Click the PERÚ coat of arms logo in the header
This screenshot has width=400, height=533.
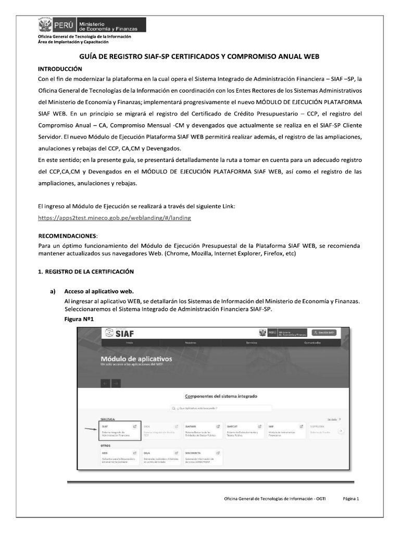point(46,24)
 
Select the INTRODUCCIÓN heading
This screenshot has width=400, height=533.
point(60,69)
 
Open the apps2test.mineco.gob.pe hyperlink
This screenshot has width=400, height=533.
point(115,218)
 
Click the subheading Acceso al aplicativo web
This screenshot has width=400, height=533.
point(99,291)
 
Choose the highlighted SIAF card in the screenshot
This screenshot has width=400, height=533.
point(119,431)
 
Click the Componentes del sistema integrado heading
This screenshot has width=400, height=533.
point(221,396)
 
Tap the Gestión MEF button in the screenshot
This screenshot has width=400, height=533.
point(323,333)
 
